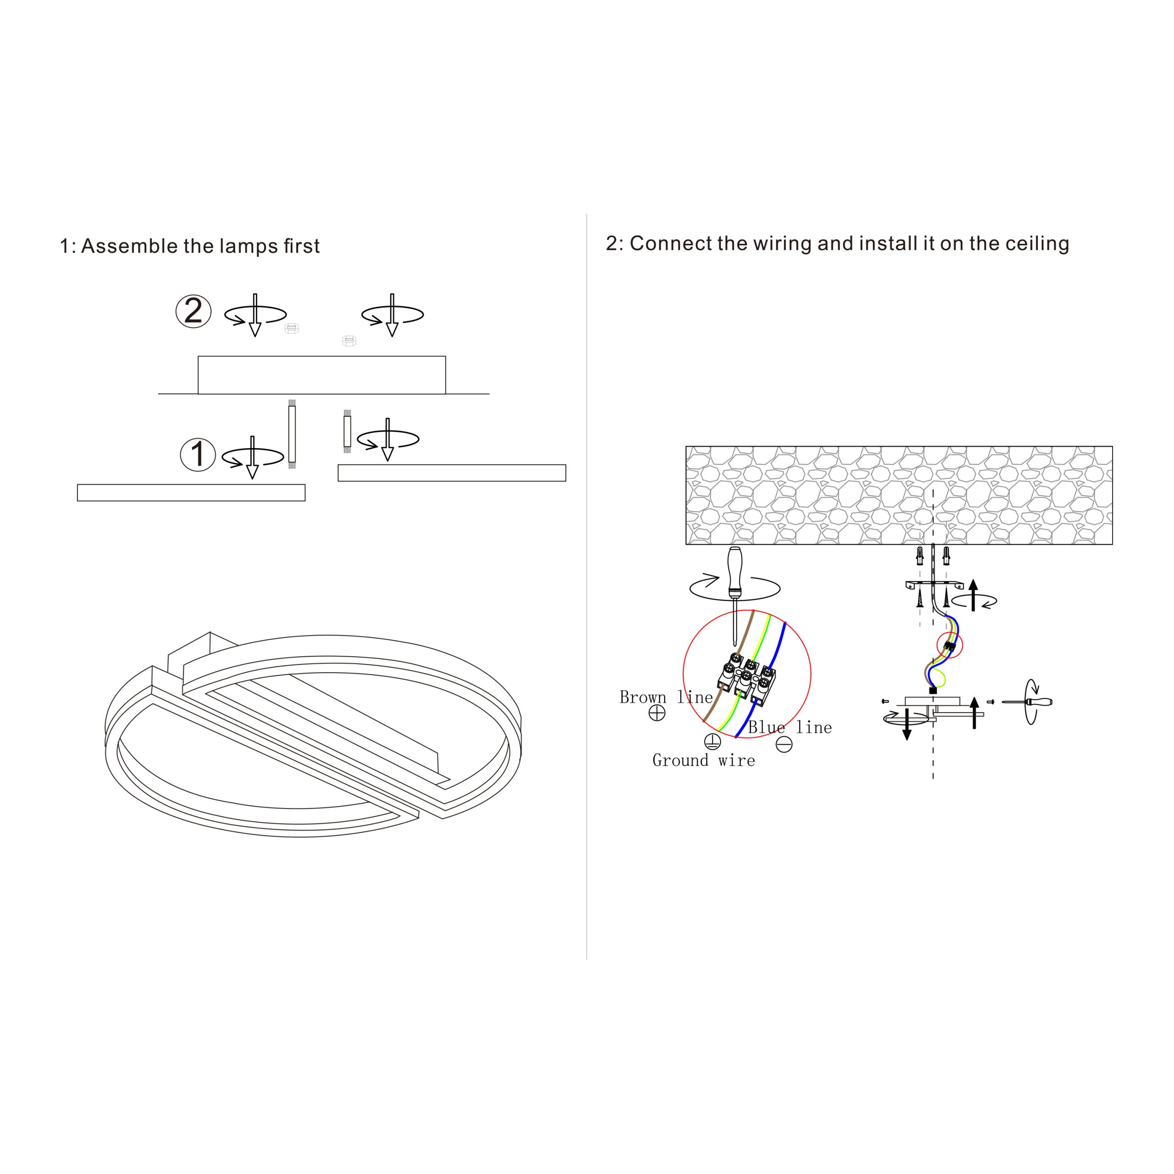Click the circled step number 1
click(x=198, y=454)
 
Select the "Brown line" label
click(x=666, y=697)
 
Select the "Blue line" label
click(x=789, y=727)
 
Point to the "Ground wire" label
click(x=703, y=760)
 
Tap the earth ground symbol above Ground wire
click(x=712, y=742)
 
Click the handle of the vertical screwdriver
click(x=735, y=571)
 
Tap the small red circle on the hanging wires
click(x=950, y=645)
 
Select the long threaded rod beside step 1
click(x=292, y=434)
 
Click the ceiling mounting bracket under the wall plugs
click(x=934, y=585)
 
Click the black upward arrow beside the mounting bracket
click(x=973, y=595)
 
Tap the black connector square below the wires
click(x=933, y=690)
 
